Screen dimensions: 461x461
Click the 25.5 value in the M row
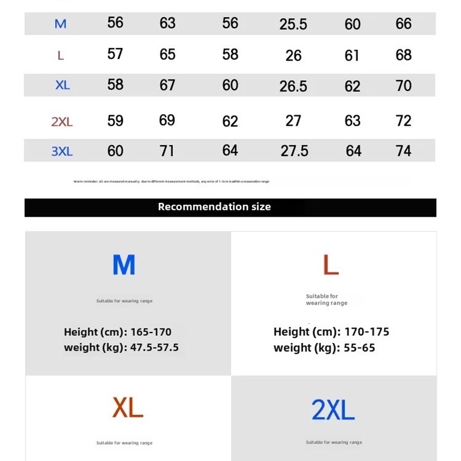click(293, 24)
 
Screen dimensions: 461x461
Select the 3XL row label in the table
click(62, 152)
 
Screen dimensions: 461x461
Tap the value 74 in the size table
click(403, 151)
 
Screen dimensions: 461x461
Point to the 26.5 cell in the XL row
click(293, 86)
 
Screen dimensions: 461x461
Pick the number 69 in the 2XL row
click(167, 120)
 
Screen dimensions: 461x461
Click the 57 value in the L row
click(115, 54)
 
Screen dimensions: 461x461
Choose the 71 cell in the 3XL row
click(167, 151)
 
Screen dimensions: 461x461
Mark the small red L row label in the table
click(61, 56)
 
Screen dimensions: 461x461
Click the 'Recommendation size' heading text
click(214, 207)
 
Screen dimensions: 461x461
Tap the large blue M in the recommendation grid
click(124, 264)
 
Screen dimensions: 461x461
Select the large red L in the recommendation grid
click(330, 264)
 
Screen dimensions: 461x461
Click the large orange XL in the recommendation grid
click(127, 408)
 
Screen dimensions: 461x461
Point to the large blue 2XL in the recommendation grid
click(332, 410)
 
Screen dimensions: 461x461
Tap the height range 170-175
click(366, 332)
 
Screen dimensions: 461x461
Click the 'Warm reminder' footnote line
click(171, 182)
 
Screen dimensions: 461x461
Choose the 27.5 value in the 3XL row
click(294, 151)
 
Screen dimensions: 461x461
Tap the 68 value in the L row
click(403, 55)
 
